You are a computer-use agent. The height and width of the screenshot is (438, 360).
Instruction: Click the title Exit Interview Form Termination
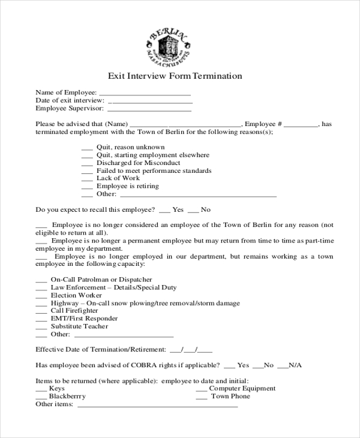click(175, 76)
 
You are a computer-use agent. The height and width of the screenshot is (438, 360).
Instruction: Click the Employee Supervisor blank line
click(149, 110)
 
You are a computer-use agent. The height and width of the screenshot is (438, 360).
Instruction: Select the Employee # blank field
click(301, 125)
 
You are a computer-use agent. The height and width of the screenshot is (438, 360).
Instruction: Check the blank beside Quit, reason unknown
click(86, 148)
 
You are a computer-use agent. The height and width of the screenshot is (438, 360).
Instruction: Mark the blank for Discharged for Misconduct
click(86, 163)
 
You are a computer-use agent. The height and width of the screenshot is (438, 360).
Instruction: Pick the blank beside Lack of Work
click(86, 179)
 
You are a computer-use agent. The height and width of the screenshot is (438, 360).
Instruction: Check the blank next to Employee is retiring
click(86, 187)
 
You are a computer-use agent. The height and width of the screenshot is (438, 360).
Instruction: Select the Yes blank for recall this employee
click(164, 211)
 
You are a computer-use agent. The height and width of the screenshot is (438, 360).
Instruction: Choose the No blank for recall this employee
click(193, 211)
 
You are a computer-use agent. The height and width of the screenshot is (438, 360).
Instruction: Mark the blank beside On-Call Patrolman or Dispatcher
click(41, 280)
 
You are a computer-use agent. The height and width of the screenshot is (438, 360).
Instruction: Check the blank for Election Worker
click(41, 296)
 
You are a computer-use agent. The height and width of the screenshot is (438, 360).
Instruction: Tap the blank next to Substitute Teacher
click(41, 327)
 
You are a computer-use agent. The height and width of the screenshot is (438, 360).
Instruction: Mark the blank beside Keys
click(41, 389)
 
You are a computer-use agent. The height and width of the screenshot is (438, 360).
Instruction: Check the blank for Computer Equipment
click(202, 389)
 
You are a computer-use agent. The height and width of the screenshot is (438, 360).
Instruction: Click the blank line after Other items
click(158, 405)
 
